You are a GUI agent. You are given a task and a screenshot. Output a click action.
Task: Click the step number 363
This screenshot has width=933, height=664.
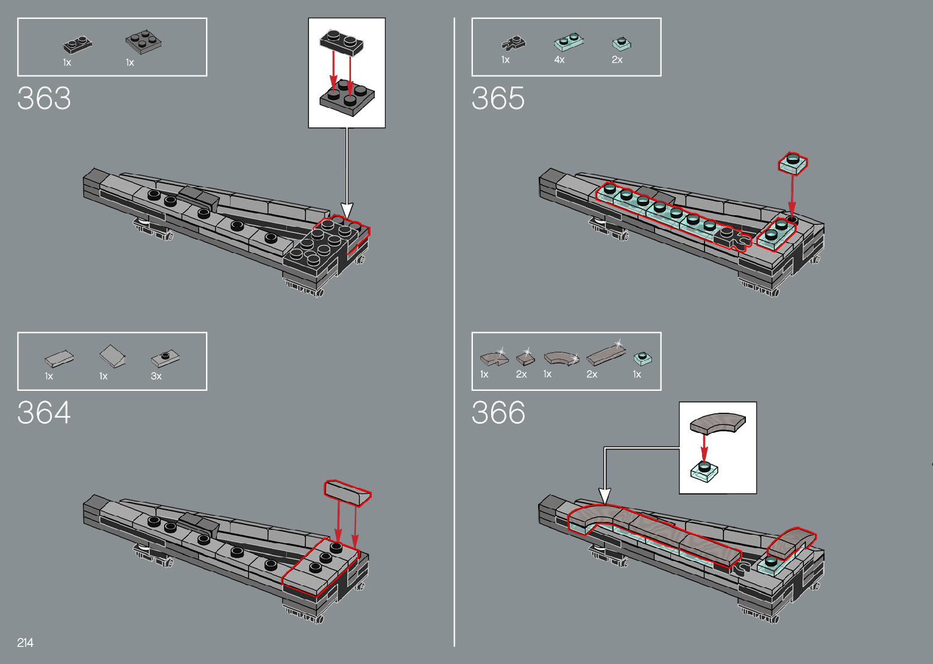44,98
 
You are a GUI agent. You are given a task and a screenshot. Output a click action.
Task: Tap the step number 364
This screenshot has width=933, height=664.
44,413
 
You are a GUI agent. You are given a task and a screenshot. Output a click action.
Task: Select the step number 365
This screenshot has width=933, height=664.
498,98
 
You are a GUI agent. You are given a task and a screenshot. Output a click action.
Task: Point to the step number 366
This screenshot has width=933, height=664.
498,413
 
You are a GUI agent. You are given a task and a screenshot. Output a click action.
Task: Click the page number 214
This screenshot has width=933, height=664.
26,642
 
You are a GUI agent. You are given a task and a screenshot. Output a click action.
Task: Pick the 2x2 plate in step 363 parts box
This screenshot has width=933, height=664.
144,41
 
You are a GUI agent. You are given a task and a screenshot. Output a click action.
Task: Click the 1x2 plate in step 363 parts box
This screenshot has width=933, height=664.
77,45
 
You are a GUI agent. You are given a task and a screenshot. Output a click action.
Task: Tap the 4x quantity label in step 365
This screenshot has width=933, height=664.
559,60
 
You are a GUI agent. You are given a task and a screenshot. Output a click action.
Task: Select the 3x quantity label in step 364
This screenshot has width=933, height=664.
156,376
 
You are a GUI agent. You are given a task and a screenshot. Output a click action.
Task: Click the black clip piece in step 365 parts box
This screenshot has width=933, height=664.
513,43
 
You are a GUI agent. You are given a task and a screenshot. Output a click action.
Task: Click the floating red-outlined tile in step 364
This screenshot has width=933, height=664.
347,492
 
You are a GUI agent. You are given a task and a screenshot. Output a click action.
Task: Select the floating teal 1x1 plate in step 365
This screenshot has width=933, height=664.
793,163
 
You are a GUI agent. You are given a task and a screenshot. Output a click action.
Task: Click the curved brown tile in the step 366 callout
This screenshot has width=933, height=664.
717,423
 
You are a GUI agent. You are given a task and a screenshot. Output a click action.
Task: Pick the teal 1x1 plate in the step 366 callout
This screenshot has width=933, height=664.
704,471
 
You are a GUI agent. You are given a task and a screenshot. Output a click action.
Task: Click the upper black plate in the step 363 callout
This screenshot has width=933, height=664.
341,41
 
